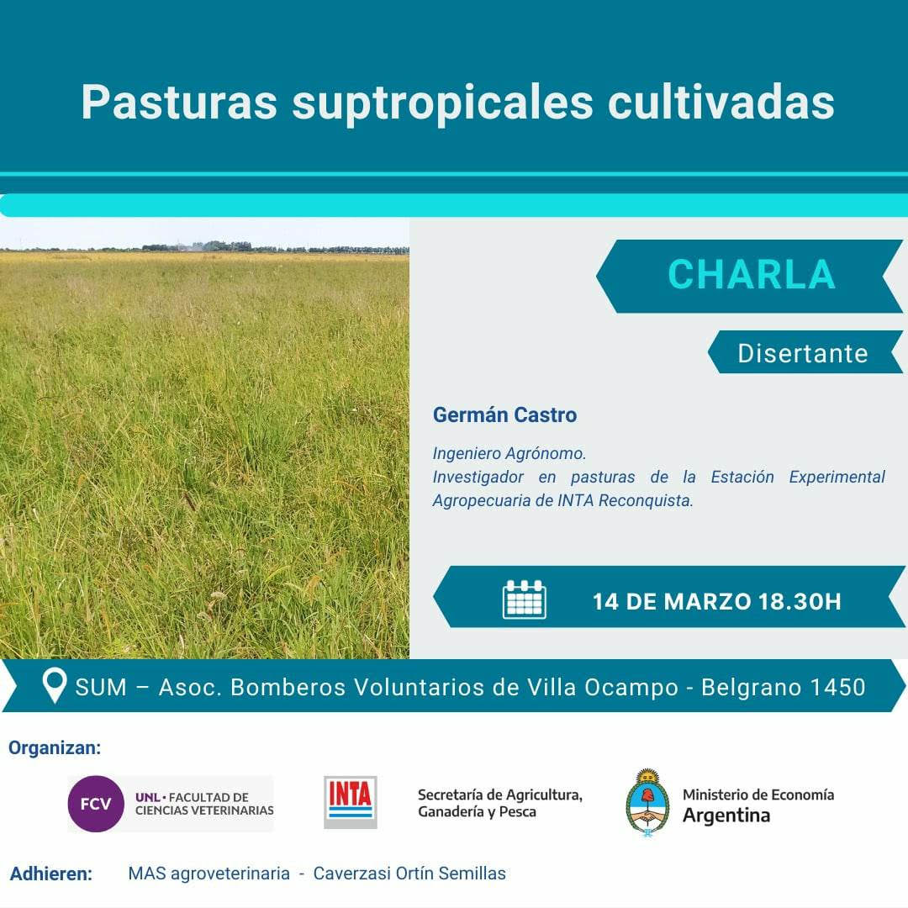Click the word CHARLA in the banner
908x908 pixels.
[751, 275]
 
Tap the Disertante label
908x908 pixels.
[802, 353]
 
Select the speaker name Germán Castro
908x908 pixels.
[504, 414]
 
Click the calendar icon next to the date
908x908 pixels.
[524, 599]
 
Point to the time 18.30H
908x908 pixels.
[800, 601]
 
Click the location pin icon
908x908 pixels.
[55, 686]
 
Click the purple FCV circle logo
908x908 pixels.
[96, 804]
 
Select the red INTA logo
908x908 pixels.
[351, 801]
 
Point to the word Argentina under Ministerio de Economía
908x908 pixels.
[726, 815]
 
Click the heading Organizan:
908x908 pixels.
[55, 747]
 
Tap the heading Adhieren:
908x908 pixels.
[50, 874]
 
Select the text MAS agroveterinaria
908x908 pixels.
[209, 874]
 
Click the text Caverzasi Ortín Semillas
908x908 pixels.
[409, 874]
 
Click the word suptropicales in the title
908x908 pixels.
[444, 103]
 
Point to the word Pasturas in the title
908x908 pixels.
[179, 103]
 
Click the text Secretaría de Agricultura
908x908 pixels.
[499, 794]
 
